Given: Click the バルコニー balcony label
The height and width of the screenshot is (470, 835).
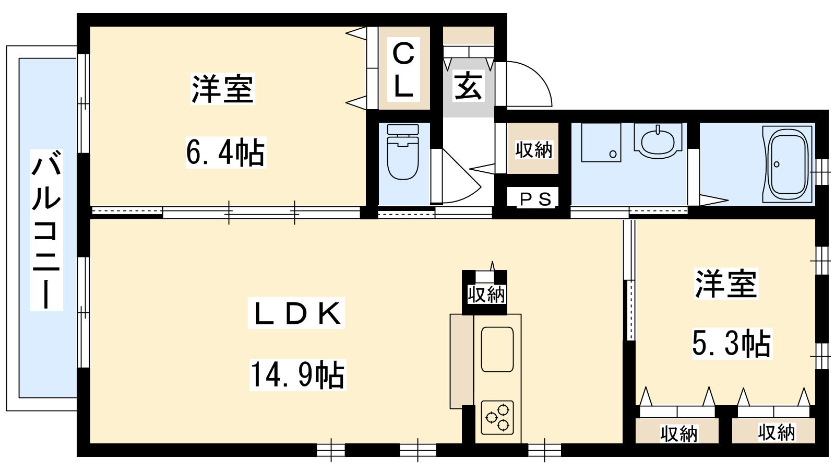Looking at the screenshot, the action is tap(46, 230).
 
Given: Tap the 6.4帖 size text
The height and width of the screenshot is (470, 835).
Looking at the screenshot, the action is tap(226, 152).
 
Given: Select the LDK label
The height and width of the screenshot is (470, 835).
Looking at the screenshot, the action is tap(296, 313).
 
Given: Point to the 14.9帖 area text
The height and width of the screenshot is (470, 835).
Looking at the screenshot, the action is tap(297, 374).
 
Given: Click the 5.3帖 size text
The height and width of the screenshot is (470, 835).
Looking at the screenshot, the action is tap(732, 344).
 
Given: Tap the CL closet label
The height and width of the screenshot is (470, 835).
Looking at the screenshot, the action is tap(404, 69).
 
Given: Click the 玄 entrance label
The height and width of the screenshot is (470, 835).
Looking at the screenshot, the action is tap(469, 86).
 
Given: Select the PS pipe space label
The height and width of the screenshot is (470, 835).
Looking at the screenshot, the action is tap(535, 199).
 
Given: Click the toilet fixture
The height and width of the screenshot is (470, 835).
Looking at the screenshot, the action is tap(403, 152).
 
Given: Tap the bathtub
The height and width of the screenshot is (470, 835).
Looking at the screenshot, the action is tap(788, 164).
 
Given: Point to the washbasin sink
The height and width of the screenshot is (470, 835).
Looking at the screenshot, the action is tap(658, 140).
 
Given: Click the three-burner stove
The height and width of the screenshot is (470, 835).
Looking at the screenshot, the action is tap(497, 417).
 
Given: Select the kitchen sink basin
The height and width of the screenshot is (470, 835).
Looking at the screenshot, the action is tap(497, 349).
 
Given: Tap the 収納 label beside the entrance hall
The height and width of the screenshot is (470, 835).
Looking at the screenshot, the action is tap(533, 150).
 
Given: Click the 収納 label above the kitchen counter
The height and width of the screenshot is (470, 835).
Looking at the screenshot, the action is tap(486, 295).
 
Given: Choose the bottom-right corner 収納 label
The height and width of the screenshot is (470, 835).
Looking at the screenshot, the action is tap(777, 433).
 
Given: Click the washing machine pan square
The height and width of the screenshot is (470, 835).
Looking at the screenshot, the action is tap(601, 143).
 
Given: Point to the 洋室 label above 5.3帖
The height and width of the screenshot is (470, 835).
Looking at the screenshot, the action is tap(726, 284).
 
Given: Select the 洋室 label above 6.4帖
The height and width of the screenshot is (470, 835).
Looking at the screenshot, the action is tap(222, 89).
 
